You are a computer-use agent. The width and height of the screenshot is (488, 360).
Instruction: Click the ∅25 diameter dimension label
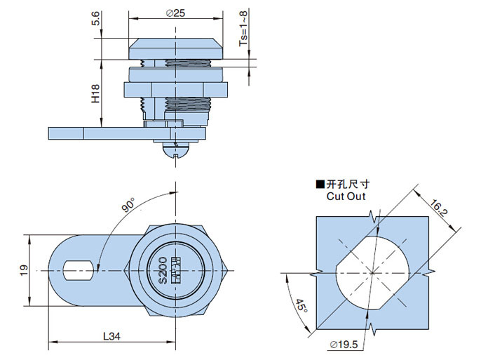pyautogui.click(x=175, y=13)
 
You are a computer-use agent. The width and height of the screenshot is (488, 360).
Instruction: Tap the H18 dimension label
pyautogui.click(x=95, y=95)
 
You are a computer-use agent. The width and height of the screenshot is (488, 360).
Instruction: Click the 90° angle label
pyautogui.click(x=128, y=205)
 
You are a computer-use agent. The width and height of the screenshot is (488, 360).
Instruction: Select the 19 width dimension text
pyautogui.click(x=23, y=269)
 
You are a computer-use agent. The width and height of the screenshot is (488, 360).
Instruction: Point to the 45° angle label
pyautogui.click(x=299, y=306)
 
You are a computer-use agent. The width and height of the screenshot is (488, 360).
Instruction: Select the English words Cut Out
pyautogui.click(x=346, y=196)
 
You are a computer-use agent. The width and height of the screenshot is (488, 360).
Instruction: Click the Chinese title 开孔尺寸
pyautogui.click(x=348, y=185)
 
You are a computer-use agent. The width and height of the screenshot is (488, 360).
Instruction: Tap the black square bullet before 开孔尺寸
pyautogui.click(x=320, y=185)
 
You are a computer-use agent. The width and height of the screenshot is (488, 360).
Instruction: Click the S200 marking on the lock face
pyautogui.click(x=162, y=269)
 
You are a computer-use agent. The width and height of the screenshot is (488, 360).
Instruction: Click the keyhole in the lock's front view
pyautogui.click(x=177, y=269)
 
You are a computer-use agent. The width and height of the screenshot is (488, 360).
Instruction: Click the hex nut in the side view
pyautogui.click(x=176, y=90)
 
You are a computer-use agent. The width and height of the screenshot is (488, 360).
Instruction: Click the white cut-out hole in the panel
pyautogui.click(x=372, y=270)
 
